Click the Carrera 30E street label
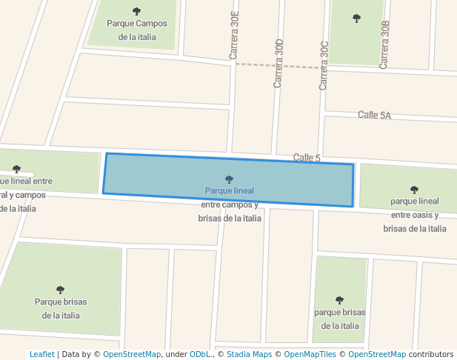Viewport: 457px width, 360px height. point(235,36)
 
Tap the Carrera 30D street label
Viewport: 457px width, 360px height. point(279,64)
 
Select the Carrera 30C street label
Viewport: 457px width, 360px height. point(324,65)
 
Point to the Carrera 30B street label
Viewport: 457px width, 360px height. point(384,45)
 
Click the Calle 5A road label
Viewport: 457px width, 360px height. point(374,115)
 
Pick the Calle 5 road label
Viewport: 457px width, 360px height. point(307,157)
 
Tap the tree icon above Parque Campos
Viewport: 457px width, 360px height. point(136,11)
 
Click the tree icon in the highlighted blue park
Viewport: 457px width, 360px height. point(229,179)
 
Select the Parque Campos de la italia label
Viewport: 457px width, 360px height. point(137,30)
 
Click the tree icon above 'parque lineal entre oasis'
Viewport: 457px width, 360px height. point(414,190)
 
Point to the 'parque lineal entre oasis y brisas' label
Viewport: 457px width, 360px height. point(415,215)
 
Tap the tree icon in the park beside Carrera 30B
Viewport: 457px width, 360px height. point(356,18)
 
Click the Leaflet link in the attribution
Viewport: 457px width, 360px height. point(42,354)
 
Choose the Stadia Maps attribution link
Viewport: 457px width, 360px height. point(250,354)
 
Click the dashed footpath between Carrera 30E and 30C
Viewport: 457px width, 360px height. point(278,66)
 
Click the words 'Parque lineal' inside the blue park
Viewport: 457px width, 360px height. point(230,190)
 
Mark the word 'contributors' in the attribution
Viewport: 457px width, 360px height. point(431,354)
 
